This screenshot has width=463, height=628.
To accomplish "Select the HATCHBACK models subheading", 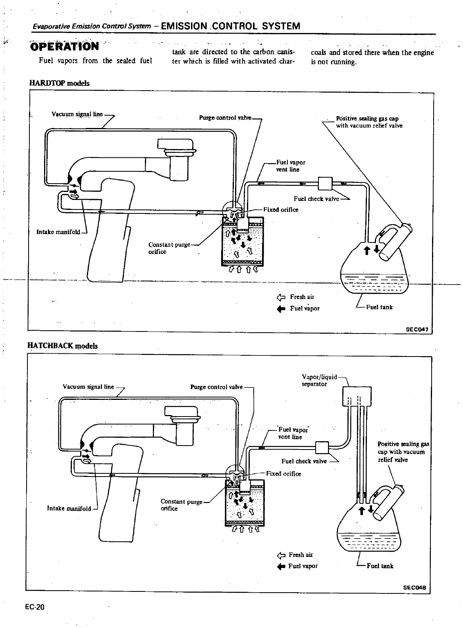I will tap(62, 345).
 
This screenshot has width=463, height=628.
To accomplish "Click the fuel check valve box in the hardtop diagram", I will tap(325, 184).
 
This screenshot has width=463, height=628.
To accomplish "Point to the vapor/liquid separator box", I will tap(357, 396).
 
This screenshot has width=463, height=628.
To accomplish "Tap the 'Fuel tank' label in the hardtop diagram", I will tap(379, 307).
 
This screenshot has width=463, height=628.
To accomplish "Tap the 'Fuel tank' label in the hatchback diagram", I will tap(380, 566).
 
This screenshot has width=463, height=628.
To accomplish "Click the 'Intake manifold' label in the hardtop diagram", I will tap(58, 232).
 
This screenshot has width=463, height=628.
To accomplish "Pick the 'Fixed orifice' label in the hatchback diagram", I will tap(284, 473).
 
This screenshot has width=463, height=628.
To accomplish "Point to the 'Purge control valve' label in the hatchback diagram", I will tap(216, 387).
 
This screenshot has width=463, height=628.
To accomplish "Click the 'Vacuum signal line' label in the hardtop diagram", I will tap(77, 114).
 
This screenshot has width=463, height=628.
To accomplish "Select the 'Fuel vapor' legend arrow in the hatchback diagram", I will tap(281, 566).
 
